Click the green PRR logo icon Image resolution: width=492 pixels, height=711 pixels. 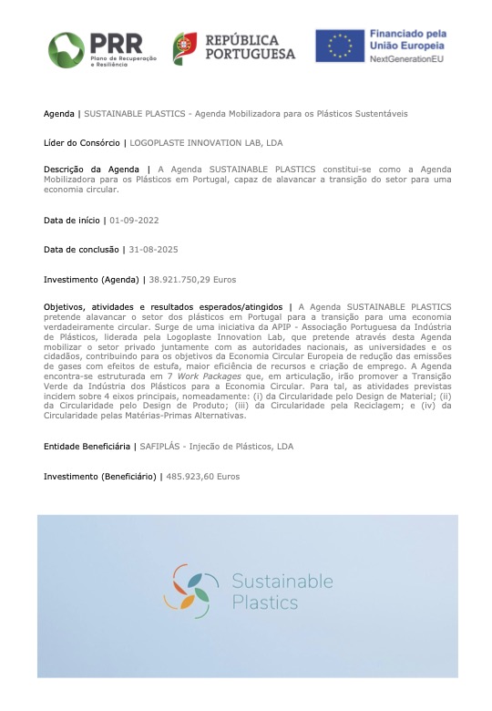click(x=67, y=48)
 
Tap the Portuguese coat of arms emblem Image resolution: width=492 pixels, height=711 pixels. click(x=185, y=47)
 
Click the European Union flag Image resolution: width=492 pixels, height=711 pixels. click(x=339, y=46)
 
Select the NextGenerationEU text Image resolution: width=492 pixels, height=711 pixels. click(x=406, y=58)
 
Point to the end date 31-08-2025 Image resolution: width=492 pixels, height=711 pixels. click(x=156, y=249)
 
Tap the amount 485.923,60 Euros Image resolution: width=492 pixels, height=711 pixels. click(x=203, y=476)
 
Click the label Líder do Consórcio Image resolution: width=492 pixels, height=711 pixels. click(x=82, y=142)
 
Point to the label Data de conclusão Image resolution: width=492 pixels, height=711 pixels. click(x=82, y=249)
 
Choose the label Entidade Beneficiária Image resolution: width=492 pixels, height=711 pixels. click(x=87, y=446)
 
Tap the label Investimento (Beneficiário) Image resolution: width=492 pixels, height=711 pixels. click(x=99, y=476)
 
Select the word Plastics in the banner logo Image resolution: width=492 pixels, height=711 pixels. click(x=264, y=603)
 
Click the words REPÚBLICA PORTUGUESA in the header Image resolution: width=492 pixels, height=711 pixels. click(x=250, y=47)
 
